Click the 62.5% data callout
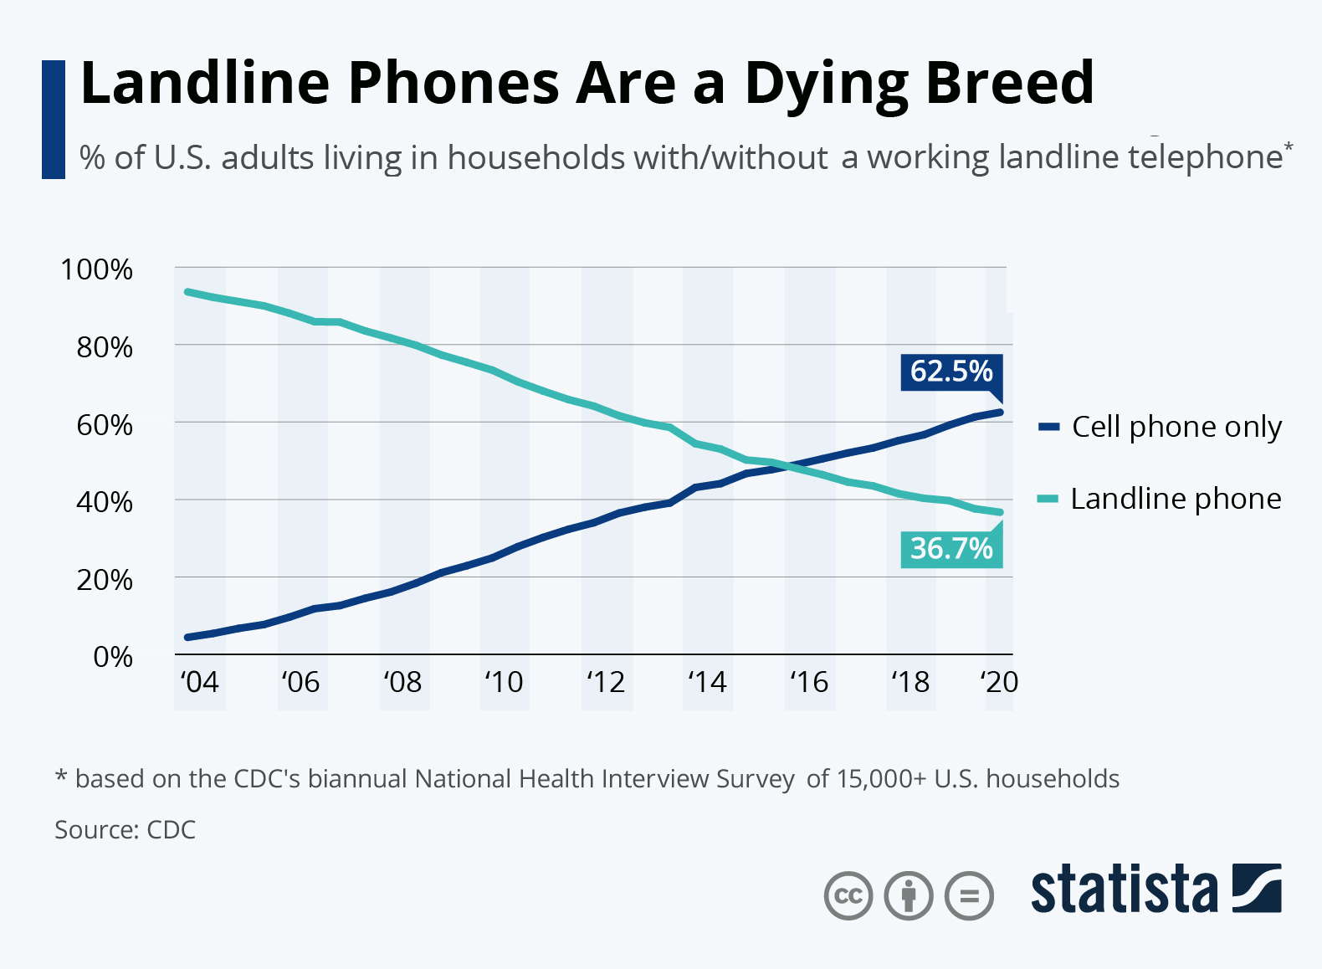(951, 371)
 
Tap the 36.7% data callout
(951, 549)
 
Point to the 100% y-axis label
(96, 270)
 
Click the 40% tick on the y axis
(104, 502)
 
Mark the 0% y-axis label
(112, 657)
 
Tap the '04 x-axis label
(199, 682)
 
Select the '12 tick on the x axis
(606, 682)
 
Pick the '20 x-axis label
(999, 682)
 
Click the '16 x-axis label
(809, 682)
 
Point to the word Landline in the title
(205, 84)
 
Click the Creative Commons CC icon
(848, 896)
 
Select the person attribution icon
(909, 896)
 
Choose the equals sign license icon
(969, 896)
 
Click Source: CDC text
(126, 830)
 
